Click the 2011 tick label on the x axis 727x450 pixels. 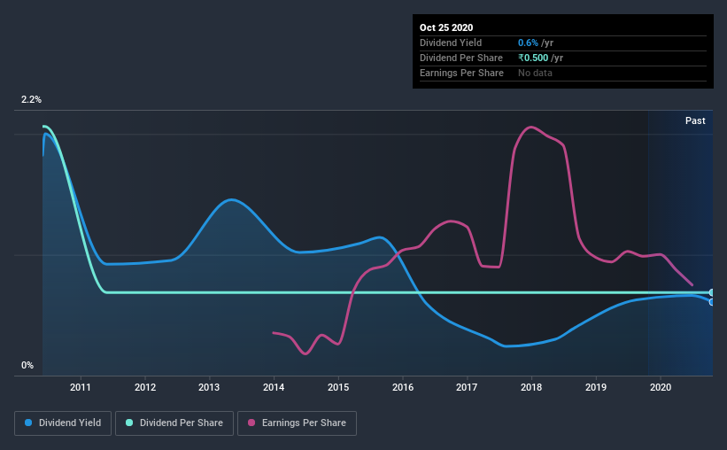click(x=81, y=387)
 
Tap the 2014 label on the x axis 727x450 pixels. click(x=274, y=387)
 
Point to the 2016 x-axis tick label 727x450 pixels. click(x=402, y=387)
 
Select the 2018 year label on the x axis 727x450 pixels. click(x=531, y=387)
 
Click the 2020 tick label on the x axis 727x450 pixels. click(x=661, y=387)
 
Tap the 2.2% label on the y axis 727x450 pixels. click(x=32, y=100)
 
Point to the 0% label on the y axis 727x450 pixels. click(x=27, y=366)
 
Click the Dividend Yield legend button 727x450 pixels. click(x=63, y=423)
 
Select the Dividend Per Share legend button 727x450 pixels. click(x=174, y=423)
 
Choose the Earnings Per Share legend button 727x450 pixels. click(x=298, y=423)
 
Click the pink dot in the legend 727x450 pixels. click(x=251, y=423)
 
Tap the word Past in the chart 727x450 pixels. click(x=695, y=120)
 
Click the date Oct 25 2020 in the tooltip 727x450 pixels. click(x=446, y=27)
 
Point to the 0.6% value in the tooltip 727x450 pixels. click(x=528, y=43)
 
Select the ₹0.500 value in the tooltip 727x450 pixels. click(x=533, y=58)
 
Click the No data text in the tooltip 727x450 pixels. click(x=535, y=73)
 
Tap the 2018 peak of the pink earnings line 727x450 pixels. click(x=531, y=127)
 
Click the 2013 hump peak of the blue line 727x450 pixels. click(x=231, y=199)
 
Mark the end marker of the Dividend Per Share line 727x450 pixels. click(x=711, y=292)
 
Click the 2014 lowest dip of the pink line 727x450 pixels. click(x=305, y=354)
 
